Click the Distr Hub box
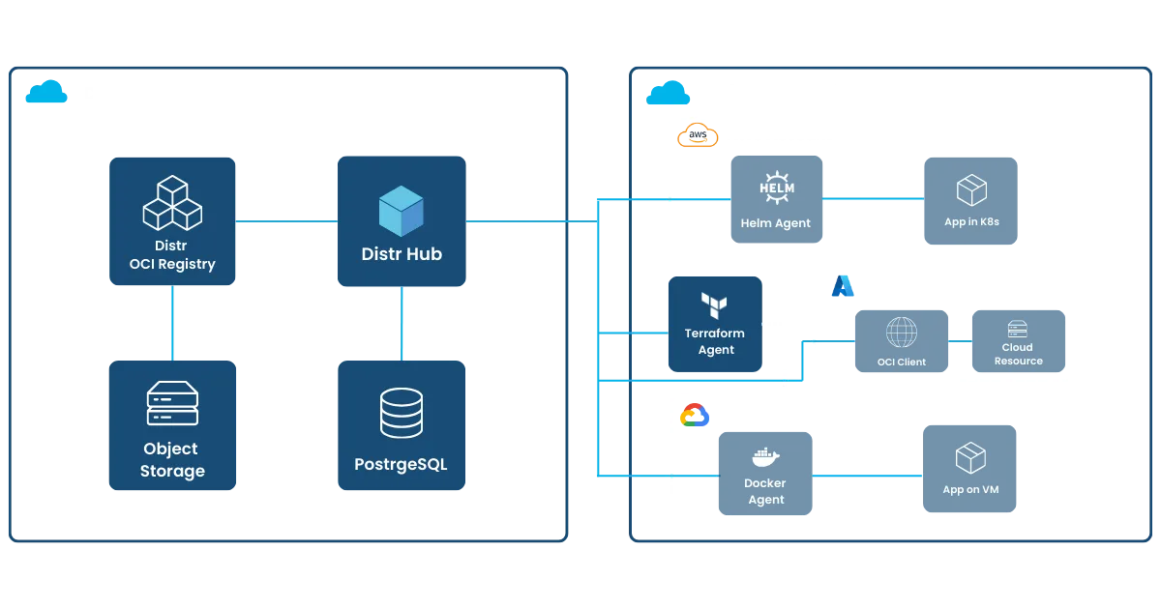click(x=402, y=222)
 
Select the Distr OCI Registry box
click(x=172, y=221)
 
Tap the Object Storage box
click(x=172, y=426)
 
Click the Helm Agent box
click(x=776, y=198)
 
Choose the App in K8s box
click(x=970, y=198)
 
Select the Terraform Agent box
click(x=716, y=323)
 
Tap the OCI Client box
click(x=901, y=342)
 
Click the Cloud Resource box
click(x=1018, y=342)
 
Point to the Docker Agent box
click(x=764, y=475)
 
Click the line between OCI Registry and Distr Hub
click(x=287, y=221)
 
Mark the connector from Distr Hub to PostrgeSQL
click(x=401, y=323)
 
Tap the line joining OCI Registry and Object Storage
click(x=172, y=322)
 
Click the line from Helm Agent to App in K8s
click(x=873, y=198)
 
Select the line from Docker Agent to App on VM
click(x=867, y=475)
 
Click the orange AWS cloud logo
click(x=698, y=136)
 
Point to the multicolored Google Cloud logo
click(x=695, y=417)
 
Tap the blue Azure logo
click(x=843, y=286)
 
